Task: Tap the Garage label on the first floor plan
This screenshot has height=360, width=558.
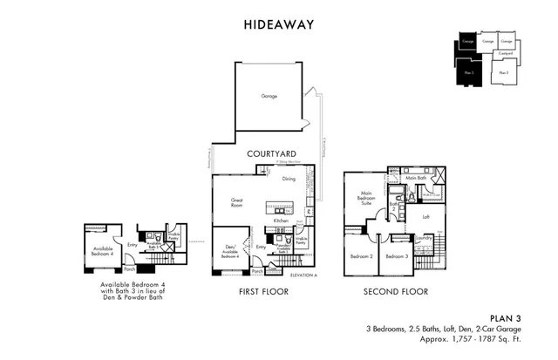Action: click(x=269, y=96)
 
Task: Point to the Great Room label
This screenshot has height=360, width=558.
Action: click(x=236, y=202)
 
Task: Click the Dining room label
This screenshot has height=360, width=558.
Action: click(x=288, y=179)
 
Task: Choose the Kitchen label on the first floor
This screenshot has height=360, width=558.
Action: click(x=281, y=221)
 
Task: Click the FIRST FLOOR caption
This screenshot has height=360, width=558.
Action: click(x=263, y=291)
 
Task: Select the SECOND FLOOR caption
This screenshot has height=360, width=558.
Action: click(x=395, y=291)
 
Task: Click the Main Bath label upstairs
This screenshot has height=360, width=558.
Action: click(x=416, y=178)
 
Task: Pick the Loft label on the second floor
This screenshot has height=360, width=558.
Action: click(x=425, y=216)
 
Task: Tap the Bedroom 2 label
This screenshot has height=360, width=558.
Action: click(x=362, y=256)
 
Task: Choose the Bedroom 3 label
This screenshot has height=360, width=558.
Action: click(x=398, y=256)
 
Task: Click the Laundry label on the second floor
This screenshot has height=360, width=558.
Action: click(x=425, y=237)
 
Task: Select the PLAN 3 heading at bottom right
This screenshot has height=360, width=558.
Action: click(x=505, y=319)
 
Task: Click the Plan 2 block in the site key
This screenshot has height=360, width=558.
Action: click(x=503, y=73)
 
